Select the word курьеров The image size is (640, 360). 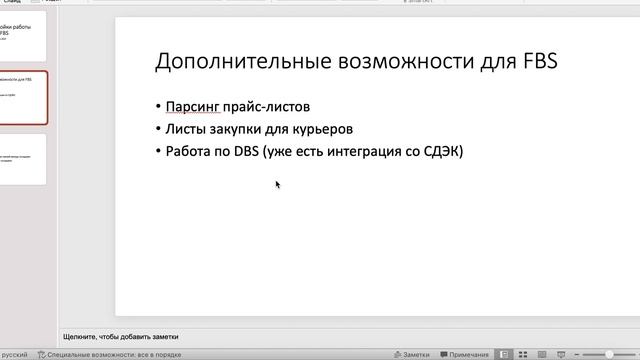pos(323,129)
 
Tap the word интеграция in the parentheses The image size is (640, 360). pos(377,152)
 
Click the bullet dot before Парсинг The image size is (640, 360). pos(159,107)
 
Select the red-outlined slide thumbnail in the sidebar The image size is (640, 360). pos(22,97)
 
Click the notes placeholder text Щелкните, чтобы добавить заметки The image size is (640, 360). pos(121,336)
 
